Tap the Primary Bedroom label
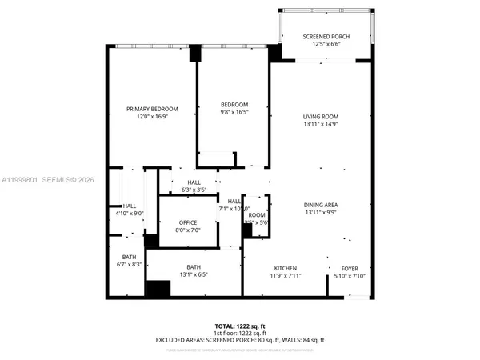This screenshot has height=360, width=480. [x=151, y=109]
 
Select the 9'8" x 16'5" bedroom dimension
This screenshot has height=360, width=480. [x=234, y=113]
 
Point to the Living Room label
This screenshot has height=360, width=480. [x=321, y=116]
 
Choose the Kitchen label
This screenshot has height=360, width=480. [x=286, y=267]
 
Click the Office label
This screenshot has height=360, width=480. [x=187, y=222]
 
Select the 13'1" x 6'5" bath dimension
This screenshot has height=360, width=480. [x=194, y=275]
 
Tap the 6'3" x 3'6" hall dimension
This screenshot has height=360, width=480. [x=194, y=190]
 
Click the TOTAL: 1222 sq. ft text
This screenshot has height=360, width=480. [x=240, y=326]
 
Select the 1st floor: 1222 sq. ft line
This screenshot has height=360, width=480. [x=240, y=332]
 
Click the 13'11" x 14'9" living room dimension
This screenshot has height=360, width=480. [x=321, y=124]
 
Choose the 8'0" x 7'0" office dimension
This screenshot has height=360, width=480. [x=187, y=230]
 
